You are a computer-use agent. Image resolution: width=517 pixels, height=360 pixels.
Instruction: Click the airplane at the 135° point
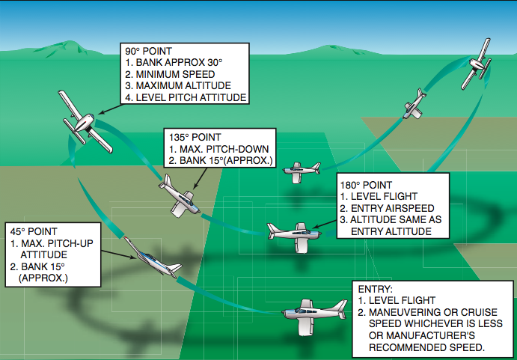click(180, 196)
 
